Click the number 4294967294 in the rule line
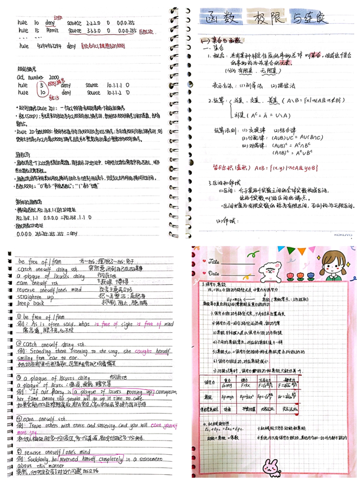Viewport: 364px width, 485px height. point(48,47)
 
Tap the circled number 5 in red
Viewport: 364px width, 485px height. point(40,85)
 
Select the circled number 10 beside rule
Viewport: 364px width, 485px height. point(40,93)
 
